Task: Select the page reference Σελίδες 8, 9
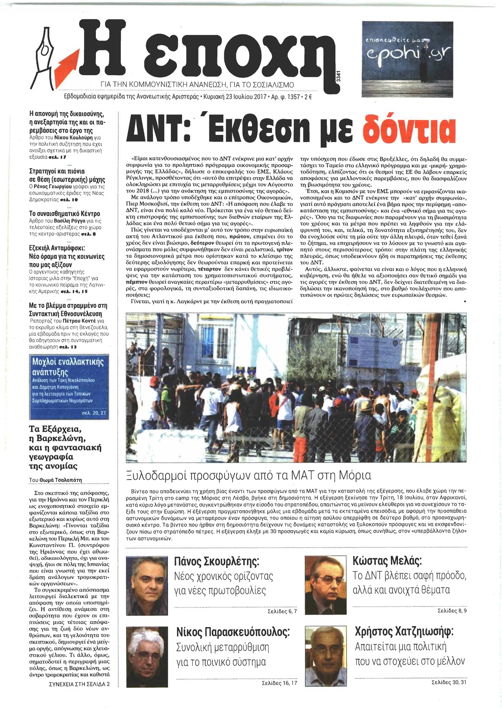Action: tap(452, 610)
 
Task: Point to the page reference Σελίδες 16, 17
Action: tap(279, 683)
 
